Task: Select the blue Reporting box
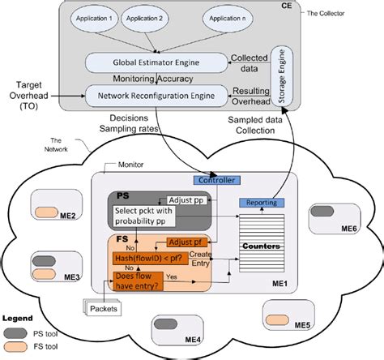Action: click(262, 203)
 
